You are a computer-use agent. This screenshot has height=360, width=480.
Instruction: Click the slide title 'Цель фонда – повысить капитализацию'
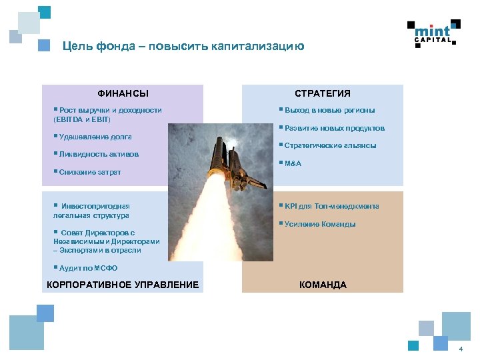(x=183, y=46)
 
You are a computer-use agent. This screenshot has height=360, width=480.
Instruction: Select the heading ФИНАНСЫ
(x=123, y=93)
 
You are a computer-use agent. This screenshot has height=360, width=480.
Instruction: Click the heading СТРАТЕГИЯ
(x=323, y=93)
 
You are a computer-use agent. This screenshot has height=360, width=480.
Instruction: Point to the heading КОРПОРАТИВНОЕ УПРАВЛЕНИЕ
(x=122, y=285)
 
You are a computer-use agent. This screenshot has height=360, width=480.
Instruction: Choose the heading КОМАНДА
(x=323, y=285)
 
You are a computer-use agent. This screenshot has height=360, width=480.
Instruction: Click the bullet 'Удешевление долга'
(x=93, y=137)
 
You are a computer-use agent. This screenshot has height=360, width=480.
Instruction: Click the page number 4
(x=460, y=350)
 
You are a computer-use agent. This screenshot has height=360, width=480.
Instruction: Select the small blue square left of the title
(x=44, y=46)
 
